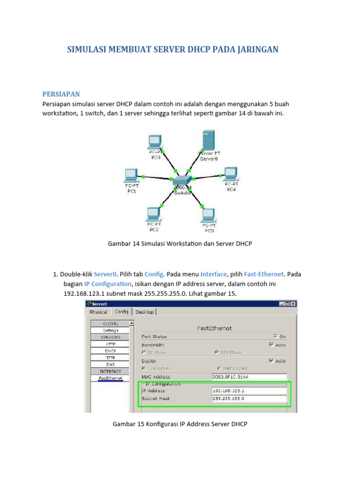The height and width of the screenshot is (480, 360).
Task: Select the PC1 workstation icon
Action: pos(131,175)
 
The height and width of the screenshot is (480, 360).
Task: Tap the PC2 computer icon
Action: pos(153,214)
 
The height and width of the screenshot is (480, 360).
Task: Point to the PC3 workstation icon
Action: pos(208,215)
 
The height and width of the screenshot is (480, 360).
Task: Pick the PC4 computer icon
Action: pos(230,173)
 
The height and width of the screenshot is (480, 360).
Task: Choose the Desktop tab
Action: pos(145,312)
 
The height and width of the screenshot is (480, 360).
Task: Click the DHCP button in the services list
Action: pos(111,351)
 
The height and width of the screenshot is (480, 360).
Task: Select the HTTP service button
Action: pos(111,344)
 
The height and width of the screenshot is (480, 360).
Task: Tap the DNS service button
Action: pos(111,364)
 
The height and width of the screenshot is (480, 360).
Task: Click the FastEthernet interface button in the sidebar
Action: pos(111,378)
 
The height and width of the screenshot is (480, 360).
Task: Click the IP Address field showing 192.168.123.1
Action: pos(248,390)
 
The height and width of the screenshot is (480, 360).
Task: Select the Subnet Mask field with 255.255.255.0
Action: pos(248,399)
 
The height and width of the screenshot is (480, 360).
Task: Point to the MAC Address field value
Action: pos(248,377)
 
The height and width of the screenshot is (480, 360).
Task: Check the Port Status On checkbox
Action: pos(275,336)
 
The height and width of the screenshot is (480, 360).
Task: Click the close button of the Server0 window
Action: pos(293,304)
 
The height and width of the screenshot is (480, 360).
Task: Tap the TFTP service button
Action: pos(111,357)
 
